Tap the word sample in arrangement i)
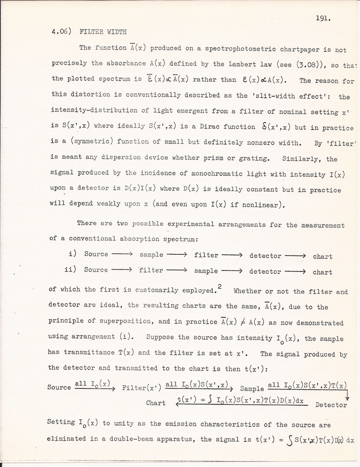click(151, 254)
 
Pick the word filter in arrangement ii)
click(151, 270)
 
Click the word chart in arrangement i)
click(323, 256)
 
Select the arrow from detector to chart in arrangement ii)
click(295, 271)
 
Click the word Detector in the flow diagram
click(331, 405)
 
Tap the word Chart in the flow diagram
click(156, 403)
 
